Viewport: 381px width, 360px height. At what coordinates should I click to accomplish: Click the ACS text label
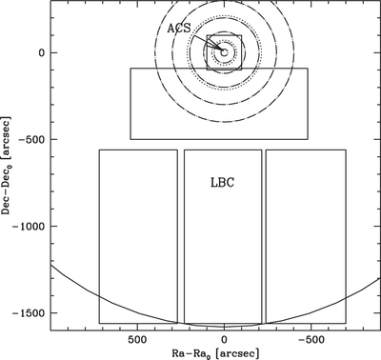[x=179, y=29]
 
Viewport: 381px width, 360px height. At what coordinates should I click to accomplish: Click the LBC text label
[x=223, y=183]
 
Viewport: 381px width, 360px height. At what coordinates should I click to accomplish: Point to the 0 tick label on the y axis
[x=42, y=52]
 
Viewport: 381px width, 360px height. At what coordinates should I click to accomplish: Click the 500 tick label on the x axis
[x=137, y=339]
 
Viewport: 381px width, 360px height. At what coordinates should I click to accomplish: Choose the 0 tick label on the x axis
[x=224, y=339]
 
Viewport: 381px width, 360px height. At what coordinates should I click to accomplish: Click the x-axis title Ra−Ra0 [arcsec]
[x=215, y=353]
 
